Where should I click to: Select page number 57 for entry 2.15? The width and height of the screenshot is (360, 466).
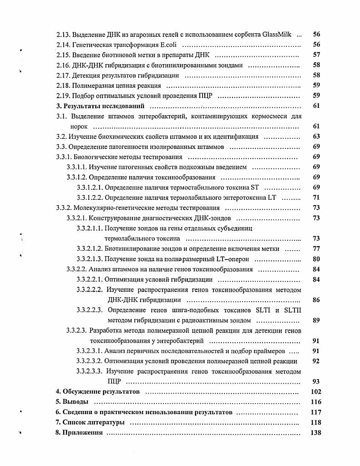[316, 55]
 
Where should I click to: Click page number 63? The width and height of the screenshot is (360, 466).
[316, 136]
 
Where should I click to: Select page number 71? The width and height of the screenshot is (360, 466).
[316, 197]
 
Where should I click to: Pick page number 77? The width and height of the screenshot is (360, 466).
[316, 248]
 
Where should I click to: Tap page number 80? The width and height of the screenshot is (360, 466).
[316, 259]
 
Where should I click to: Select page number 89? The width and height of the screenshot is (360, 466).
[316, 320]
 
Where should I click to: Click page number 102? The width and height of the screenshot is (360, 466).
[315, 392]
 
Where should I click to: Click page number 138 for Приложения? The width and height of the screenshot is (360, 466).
[315, 432]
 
